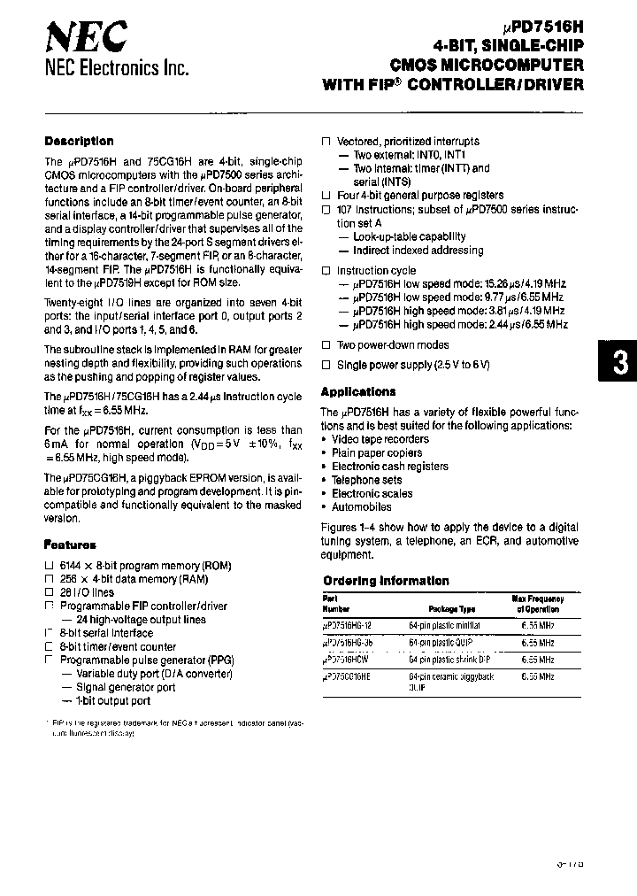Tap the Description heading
(79, 141)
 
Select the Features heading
(70, 545)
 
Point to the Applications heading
(357, 391)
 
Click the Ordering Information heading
(386, 581)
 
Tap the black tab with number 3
(619, 365)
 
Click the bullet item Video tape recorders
(380, 439)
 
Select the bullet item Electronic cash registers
(390, 467)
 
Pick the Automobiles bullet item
(361, 507)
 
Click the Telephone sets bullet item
(366, 480)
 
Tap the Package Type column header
(452, 609)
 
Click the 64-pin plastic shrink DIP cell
(449, 660)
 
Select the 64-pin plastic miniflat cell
(445, 625)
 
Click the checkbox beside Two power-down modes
(326, 345)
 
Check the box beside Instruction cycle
(326, 271)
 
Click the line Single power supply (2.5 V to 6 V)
(412, 365)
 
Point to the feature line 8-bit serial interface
(106, 633)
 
